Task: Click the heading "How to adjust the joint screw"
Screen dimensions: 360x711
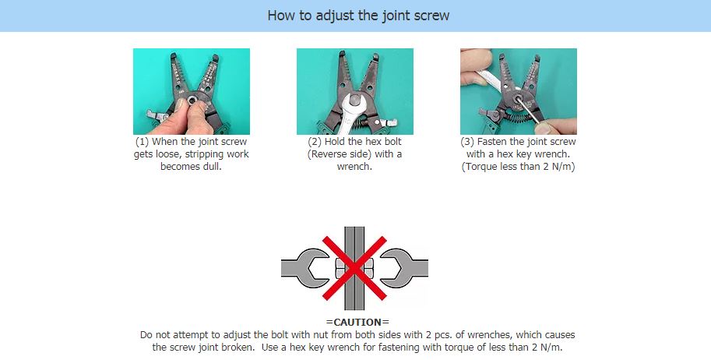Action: click(x=358, y=15)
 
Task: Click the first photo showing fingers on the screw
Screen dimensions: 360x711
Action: click(x=191, y=91)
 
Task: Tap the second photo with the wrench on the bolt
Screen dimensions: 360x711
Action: click(x=354, y=91)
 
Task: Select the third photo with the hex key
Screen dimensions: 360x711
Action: click(x=518, y=91)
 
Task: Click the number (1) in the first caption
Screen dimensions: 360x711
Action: click(x=142, y=143)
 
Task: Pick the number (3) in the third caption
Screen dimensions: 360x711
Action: click(x=468, y=143)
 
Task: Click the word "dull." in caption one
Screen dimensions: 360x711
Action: click(x=210, y=168)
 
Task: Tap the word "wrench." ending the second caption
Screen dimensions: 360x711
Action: click(x=355, y=168)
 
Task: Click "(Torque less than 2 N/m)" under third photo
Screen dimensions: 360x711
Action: click(x=519, y=168)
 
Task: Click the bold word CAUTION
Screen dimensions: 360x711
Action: click(x=357, y=323)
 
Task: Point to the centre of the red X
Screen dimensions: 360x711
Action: click(x=354, y=269)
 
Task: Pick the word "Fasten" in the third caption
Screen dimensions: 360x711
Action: click(x=493, y=143)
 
